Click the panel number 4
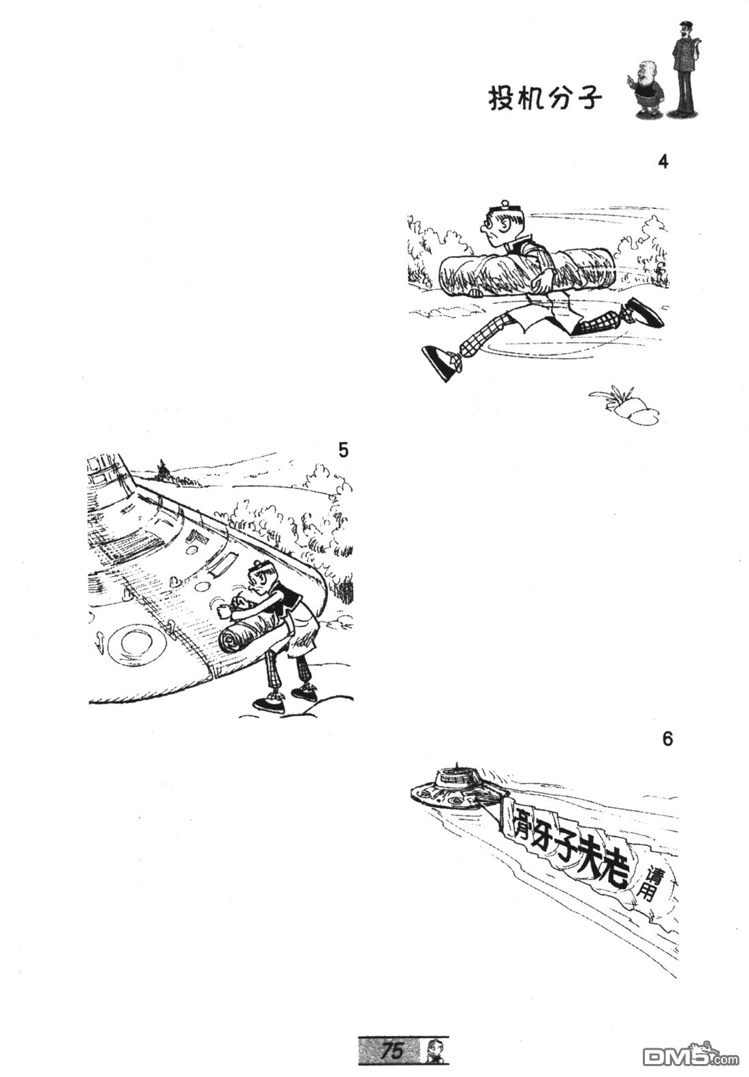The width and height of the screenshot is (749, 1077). pyautogui.click(x=663, y=163)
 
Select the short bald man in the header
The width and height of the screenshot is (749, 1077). pyautogui.click(x=647, y=91)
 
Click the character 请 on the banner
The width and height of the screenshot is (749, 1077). pyautogui.click(x=654, y=873)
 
